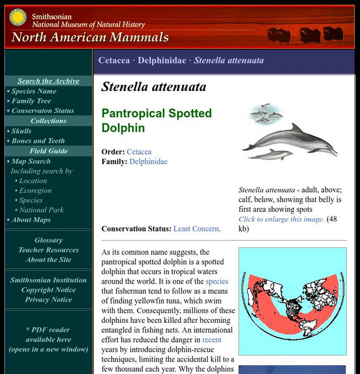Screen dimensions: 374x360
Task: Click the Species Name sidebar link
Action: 34,91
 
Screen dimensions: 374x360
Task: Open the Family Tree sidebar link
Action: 31,101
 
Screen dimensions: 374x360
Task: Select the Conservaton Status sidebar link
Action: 42,111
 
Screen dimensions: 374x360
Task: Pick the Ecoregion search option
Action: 36,191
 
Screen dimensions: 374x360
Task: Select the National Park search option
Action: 42,210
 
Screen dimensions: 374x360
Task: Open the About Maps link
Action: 31,220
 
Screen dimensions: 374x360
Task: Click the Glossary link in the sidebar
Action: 48,240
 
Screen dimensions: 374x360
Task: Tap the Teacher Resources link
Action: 49,250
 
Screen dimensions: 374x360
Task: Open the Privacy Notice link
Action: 49,300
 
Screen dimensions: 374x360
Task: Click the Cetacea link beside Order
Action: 139,151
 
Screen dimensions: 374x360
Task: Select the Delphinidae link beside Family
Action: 148,161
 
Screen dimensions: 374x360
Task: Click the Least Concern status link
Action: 197,229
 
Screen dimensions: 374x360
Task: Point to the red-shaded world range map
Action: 292,302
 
